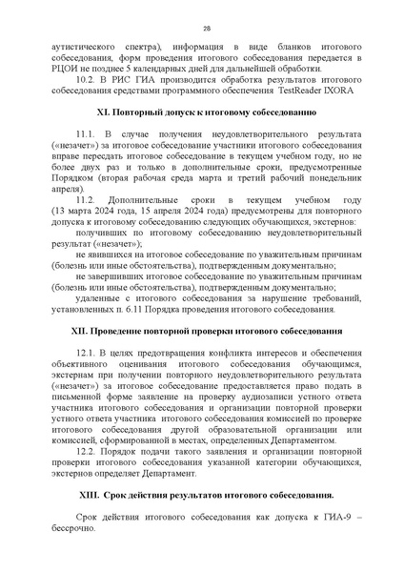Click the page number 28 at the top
205,29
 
